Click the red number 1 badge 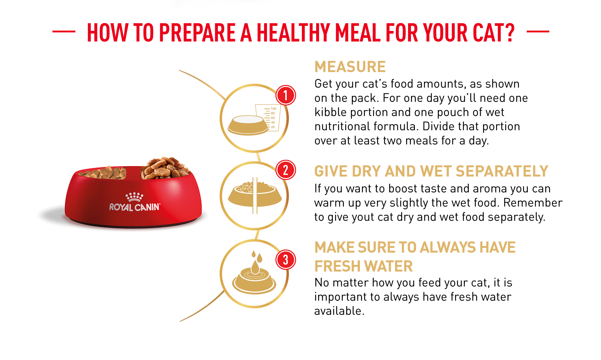(286, 95)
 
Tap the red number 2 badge (286, 170)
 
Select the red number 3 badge (286, 260)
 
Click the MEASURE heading (350, 67)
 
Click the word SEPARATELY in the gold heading (502, 171)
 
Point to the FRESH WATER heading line (363, 266)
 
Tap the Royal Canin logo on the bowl (135, 202)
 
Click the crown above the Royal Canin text (134, 197)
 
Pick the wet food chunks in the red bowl (165, 168)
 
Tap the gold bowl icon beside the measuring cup (248, 125)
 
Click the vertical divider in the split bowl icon (255, 195)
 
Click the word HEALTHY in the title (294, 33)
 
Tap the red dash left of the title (64, 31)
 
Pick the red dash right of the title (538, 31)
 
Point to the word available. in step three (339, 311)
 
